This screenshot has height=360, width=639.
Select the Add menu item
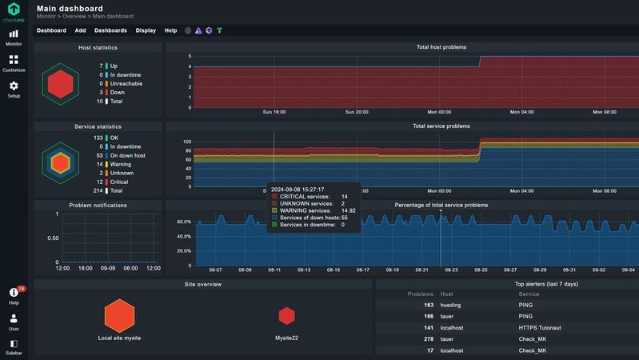click(80, 30)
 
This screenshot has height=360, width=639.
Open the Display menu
click(146, 30)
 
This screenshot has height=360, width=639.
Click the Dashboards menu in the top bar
click(110, 30)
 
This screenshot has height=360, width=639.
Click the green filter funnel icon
click(220, 30)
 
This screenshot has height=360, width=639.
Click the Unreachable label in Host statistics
click(126, 83)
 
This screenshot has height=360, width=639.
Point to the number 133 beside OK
click(98, 138)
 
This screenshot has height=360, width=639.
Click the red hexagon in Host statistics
click(60, 84)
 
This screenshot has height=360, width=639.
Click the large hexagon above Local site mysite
click(119, 315)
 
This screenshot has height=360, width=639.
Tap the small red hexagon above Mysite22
click(286, 316)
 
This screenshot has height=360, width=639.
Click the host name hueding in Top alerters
click(450, 305)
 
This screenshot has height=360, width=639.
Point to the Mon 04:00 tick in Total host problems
click(521, 112)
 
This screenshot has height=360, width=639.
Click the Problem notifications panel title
click(97, 205)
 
